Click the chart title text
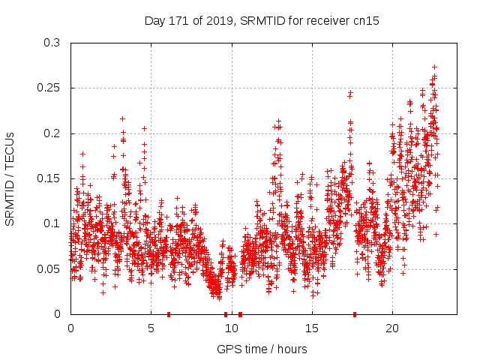(262, 21)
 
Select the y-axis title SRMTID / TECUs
(10, 178)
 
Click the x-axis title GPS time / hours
(262, 349)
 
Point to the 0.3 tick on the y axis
(51, 43)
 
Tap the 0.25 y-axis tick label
(48, 88)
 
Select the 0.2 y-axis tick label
(51, 133)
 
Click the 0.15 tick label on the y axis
(48, 178)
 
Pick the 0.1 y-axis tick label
(51, 223)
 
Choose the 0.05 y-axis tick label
(48, 268)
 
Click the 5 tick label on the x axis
(151, 328)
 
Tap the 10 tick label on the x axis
(231, 328)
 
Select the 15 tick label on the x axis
(311, 328)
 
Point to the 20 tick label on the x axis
(392, 328)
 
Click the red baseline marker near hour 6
(169, 314)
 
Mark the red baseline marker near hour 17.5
(354, 314)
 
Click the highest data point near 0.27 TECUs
(434, 67)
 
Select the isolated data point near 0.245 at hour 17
(350, 93)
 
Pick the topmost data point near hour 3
(122, 118)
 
